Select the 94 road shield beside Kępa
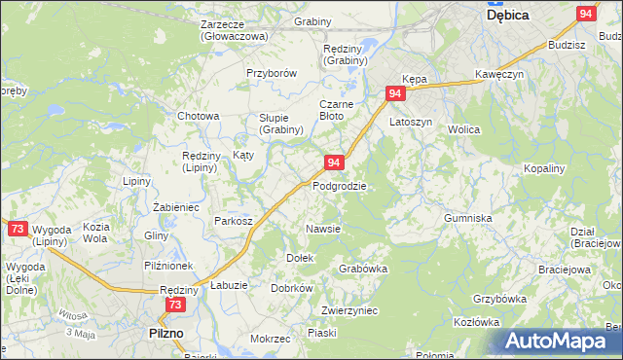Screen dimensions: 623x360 (x=395, y=93)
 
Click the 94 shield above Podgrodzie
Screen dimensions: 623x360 (x=334, y=162)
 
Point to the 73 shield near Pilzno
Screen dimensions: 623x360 (x=174, y=305)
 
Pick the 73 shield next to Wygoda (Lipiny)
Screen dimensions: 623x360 (x=18, y=229)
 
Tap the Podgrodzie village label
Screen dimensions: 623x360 (x=340, y=185)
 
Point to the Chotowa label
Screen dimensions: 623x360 (x=198, y=116)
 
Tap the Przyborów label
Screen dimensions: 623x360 (x=271, y=73)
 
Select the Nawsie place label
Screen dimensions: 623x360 (x=323, y=229)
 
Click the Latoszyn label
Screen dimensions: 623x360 (x=410, y=123)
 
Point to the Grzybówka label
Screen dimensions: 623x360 (x=499, y=299)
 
